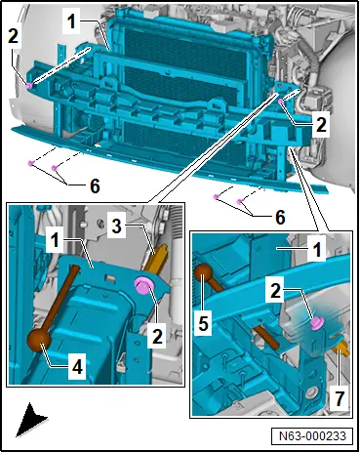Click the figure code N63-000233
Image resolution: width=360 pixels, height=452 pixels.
pyautogui.click(x=312, y=435)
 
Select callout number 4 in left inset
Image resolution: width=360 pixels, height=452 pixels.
pyautogui.click(x=77, y=367)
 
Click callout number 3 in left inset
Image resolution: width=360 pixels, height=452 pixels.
pyautogui.click(x=116, y=226)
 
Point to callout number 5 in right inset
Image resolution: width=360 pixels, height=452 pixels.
pyautogui.click(x=203, y=323)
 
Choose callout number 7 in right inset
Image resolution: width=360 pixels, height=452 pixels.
pyautogui.click(x=339, y=397)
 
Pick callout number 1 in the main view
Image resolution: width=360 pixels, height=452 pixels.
pyautogui.click(x=71, y=21)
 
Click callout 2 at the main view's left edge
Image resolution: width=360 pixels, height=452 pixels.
pyautogui.click(x=13, y=36)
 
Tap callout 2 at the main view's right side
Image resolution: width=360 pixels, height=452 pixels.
pyautogui.click(x=320, y=124)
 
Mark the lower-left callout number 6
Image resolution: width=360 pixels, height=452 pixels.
pyautogui.click(x=95, y=186)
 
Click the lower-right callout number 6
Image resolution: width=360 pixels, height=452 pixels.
pyautogui.click(x=280, y=217)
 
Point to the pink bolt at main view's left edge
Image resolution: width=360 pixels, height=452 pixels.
pyautogui.click(x=29, y=86)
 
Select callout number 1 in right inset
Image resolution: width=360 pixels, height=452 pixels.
pyautogui.click(x=316, y=250)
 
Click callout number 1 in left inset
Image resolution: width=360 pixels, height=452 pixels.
pyautogui.click(x=55, y=241)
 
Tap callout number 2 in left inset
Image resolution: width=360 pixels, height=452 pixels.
pyautogui.click(x=157, y=335)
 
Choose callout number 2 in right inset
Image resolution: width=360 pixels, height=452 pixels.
pyautogui.click(x=275, y=290)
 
